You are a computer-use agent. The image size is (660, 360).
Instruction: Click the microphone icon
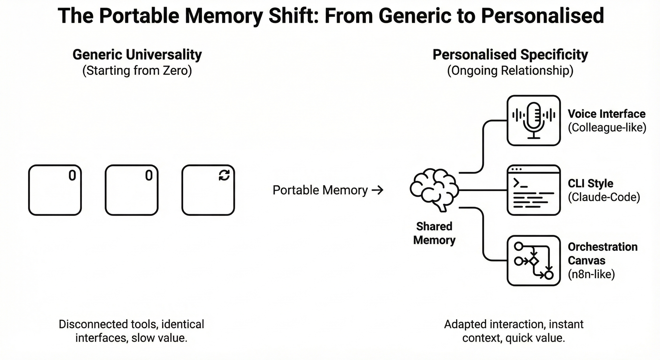point(534,120)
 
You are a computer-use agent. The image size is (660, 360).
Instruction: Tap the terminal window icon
point(534,190)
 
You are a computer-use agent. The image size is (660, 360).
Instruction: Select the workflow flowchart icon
point(534,260)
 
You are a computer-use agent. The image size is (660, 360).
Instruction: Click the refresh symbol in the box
point(224,175)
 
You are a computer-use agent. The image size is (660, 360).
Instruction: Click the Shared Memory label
point(434,233)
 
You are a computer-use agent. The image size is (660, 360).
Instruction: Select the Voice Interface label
point(607,114)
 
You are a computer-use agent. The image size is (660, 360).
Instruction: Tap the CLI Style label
point(590,183)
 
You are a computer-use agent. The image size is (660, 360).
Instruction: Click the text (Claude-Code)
point(604,197)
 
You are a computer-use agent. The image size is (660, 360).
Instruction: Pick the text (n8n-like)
point(591,274)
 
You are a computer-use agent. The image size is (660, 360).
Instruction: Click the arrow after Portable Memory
point(378,190)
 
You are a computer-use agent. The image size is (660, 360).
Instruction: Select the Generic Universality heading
point(137,54)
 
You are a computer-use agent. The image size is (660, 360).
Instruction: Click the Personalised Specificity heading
point(510,54)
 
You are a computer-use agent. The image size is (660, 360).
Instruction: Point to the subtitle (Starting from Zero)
point(137,71)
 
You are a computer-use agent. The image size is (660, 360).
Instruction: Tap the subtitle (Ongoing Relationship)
point(510,71)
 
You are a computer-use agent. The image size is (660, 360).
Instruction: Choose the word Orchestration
point(603,247)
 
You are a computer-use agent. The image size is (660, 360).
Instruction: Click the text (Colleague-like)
point(607,127)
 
